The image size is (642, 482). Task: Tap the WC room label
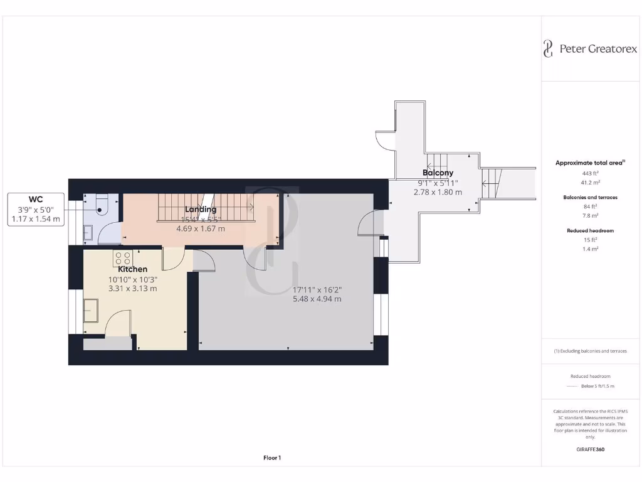[35, 200]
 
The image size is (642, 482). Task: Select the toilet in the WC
[102, 204]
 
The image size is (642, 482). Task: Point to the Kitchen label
[132, 269]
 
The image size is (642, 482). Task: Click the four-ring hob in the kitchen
[122, 259]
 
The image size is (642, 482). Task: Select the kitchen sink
[91, 311]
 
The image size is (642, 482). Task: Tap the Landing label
[201, 209]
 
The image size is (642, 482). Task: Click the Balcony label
[438, 173]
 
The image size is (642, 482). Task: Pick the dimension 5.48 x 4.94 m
[317, 299]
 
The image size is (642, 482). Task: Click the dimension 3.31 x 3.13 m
[132, 289]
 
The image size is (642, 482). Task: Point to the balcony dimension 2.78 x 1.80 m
[438, 192]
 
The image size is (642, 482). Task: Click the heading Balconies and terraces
[589, 197]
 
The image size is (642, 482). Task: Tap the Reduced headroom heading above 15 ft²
[589, 230]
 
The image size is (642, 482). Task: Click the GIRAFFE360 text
[589, 449]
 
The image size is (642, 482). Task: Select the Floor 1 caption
[272, 458]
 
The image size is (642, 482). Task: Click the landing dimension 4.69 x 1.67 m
[201, 229]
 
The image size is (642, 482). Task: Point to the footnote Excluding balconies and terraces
[589, 351]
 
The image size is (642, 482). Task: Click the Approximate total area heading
[589, 163]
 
